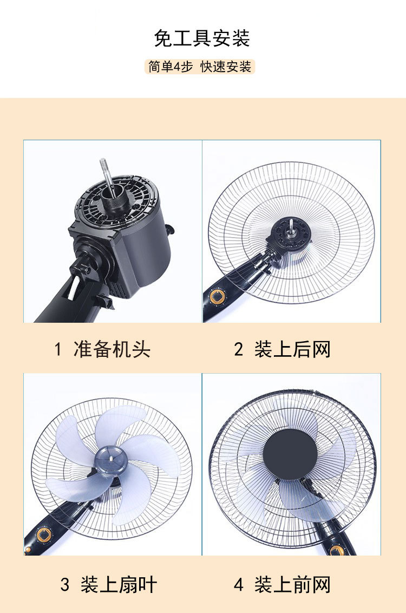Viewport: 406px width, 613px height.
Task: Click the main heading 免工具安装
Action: [202, 39]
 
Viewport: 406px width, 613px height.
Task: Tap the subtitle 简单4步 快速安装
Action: [200, 67]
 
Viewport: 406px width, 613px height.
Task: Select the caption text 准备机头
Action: [112, 349]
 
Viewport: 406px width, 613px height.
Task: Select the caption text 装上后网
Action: [292, 349]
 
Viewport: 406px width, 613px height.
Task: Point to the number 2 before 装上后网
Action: [239, 350]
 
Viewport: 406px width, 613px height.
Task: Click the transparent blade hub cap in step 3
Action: [110, 458]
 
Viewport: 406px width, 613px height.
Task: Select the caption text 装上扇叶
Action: [119, 585]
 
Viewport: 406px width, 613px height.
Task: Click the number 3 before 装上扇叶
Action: [65, 585]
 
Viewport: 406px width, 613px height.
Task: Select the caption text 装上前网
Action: [292, 585]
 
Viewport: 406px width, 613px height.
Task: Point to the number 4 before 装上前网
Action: [239, 585]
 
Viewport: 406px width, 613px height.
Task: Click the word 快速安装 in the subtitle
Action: [226, 67]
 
